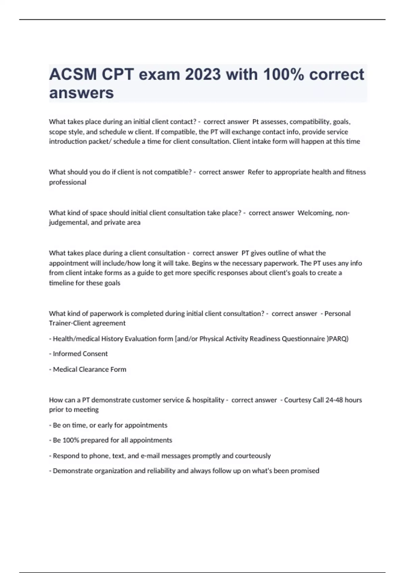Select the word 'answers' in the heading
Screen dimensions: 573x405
[x=81, y=93]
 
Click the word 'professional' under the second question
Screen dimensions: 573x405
[x=67, y=182]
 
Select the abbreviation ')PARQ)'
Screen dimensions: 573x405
[x=337, y=339]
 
